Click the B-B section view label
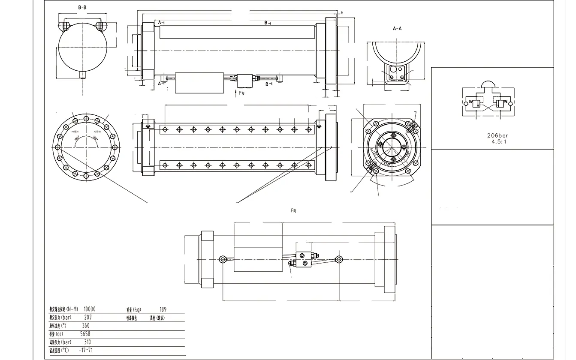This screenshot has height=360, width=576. [x=82, y=8]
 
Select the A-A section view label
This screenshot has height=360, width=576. [x=397, y=29]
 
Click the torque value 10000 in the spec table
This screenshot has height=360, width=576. [x=90, y=309]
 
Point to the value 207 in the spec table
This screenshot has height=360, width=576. [x=87, y=318]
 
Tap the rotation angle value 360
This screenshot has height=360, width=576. [x=85, y=326]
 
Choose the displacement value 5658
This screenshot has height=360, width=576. [x=85, y=334]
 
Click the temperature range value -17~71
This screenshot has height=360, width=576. [x=87, y=351]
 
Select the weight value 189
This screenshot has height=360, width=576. [x=163, y=309]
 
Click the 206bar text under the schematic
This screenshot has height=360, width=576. [x=494, y=135]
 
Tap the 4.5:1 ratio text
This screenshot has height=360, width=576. [x=499, y=141]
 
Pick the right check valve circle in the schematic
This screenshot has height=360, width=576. [x=510, y=103]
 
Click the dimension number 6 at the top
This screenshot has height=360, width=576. [x=341, y=13]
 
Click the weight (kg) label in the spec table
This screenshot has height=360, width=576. [x=134, y=309]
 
